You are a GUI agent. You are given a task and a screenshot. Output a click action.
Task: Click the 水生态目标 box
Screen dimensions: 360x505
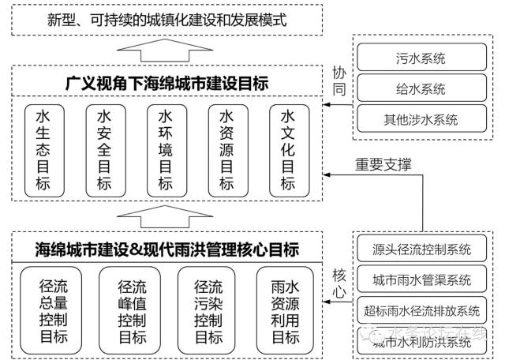(43, 150)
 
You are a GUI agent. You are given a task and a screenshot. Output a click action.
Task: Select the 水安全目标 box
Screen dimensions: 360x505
(104, 150)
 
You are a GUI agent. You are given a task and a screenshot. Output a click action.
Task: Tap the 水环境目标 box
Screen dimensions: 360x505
(165, 150)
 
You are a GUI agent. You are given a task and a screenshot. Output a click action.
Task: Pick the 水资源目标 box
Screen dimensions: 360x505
(226, 150)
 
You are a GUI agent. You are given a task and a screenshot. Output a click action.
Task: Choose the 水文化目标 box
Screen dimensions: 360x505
(287, 150)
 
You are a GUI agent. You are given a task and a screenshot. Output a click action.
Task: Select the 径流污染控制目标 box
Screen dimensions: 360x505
(208, 309)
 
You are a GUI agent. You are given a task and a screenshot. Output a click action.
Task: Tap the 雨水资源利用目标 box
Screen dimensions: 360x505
(286, 309)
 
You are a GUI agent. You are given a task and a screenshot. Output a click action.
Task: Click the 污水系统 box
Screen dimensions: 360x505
(421, 58)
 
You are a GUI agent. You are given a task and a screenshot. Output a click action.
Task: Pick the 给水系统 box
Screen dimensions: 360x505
(421, 88)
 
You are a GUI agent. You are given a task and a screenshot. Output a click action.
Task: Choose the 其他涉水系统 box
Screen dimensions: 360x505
(421, 120)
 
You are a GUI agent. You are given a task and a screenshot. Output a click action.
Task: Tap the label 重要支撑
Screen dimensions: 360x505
(383, 164)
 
